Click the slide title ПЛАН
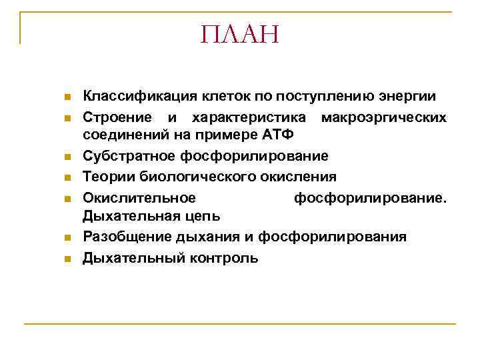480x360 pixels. pos(239,34)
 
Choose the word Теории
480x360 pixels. pos(106,177)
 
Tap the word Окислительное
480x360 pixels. pos(139,198)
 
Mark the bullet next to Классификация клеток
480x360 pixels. pos(67,97)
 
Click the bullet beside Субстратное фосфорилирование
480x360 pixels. pos(67,157)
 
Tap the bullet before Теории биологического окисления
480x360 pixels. pos(67,178)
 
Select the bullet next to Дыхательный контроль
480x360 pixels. pos(67,259)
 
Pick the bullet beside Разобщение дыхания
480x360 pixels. pos(67,238)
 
